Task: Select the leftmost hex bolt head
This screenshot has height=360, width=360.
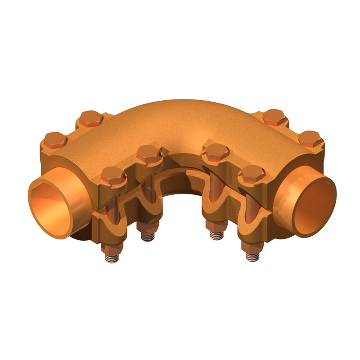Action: tap(55, 140)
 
